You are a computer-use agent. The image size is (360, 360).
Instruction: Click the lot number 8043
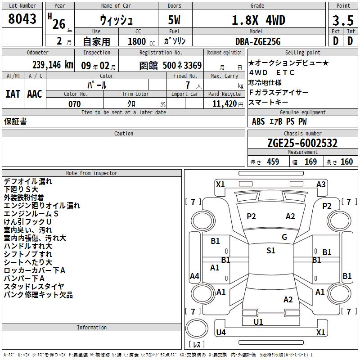click(22, 19)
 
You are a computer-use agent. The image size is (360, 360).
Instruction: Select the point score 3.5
click(343, 20)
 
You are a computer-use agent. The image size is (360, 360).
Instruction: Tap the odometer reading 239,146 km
click(53, 65)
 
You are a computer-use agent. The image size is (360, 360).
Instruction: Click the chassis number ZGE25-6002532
click(302, 143)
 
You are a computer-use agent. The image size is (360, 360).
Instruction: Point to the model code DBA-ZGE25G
click(258, 41)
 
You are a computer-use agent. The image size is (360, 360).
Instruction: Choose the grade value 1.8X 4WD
click(258, 20)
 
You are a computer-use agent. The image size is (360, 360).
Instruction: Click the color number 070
click(74, 104)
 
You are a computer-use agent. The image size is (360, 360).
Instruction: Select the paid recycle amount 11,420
click(224, 104)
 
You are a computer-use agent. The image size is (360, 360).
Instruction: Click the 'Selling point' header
click(302, 52)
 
